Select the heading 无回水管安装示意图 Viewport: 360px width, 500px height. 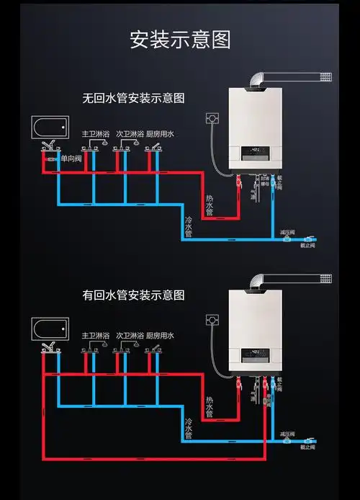point(134,97)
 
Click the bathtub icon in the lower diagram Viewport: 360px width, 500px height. point(50,329)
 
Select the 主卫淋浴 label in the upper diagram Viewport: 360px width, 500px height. point(95,134)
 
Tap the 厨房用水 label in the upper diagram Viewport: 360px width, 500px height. point(160,134)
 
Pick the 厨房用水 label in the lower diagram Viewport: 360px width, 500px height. point(160,336)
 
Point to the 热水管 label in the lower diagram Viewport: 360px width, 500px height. point(210,406)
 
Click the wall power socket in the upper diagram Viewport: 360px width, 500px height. point(212,117)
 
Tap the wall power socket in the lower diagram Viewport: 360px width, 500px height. point(212,318)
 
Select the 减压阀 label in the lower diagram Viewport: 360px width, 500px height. point(287,433)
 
